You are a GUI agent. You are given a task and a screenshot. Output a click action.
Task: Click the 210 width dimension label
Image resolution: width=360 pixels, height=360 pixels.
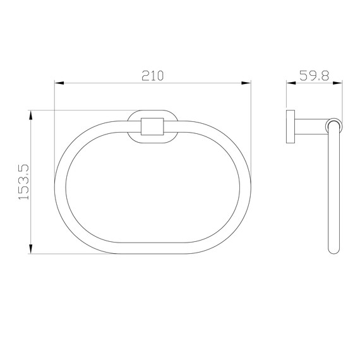(x=152, y=76)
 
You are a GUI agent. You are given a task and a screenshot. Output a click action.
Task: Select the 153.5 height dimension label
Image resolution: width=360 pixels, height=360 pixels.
(x=24, y=182)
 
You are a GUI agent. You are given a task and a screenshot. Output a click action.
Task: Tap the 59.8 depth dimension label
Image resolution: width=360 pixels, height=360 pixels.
(x=315, y=76)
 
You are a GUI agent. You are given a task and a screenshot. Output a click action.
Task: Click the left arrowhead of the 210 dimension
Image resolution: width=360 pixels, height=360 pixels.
(x=59, y=83)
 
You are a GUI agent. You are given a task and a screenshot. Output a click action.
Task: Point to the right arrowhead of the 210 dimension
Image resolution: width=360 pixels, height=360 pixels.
(x=246, y=83)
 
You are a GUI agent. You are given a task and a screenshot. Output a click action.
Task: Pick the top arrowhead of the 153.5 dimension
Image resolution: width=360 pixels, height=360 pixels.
(x=31, y=115)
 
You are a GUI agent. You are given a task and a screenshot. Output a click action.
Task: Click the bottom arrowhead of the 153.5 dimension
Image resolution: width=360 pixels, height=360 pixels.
(x=31, y=249)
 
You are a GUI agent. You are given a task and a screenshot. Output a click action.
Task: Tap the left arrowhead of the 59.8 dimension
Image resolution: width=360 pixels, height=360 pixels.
(x=291, y=83)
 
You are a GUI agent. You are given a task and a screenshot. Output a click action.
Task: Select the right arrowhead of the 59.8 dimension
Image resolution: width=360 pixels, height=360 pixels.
(x=338, y=83)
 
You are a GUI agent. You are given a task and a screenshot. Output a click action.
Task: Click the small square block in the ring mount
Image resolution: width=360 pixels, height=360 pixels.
(x=152, y=126)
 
